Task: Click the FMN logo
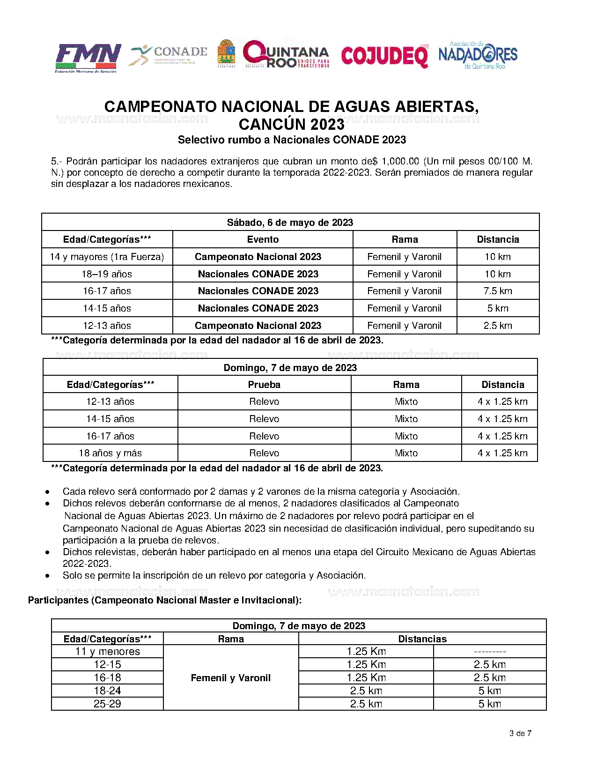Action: (88, 58)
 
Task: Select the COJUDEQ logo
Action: (384, 56)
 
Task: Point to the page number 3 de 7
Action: (520, 733)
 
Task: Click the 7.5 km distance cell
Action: (498, 291)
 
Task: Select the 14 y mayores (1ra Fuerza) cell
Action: (107, 257)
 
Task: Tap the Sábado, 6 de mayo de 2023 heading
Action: (290, 223)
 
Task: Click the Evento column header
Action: (263, 239)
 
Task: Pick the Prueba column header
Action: (264, 385)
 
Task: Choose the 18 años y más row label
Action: (110, 453)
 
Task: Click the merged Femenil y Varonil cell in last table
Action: (231, 678)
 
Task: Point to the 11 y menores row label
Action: (107, 652)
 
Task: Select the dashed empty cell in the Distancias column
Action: (490, 652)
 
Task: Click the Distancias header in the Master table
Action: (422, 639)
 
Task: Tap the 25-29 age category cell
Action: (107, 704)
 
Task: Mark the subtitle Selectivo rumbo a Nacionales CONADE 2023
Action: (292, 140)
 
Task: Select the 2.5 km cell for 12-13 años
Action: (498, 326)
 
